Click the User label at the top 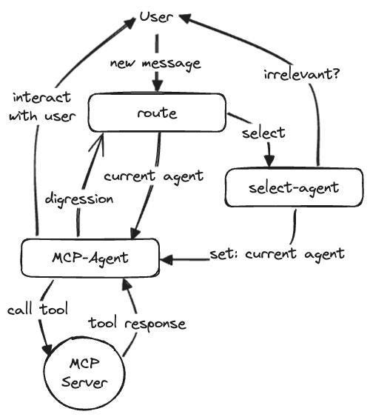(x=156, y=17)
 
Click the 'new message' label (x=155, y=64)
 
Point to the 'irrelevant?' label (x=302, y=74)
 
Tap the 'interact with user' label (x=42, y=107)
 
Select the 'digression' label (x=79, y=199)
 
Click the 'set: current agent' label (x=277, y=254)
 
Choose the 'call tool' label (x=38, y=309)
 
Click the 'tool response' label (x=137, y=324)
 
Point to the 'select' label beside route (x=263, y=133)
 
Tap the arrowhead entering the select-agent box (x=269, y=161)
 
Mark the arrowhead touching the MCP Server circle (x=48, y=349)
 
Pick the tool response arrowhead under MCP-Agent (x=127, y=284)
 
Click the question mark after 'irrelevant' (x=336, y=73)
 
